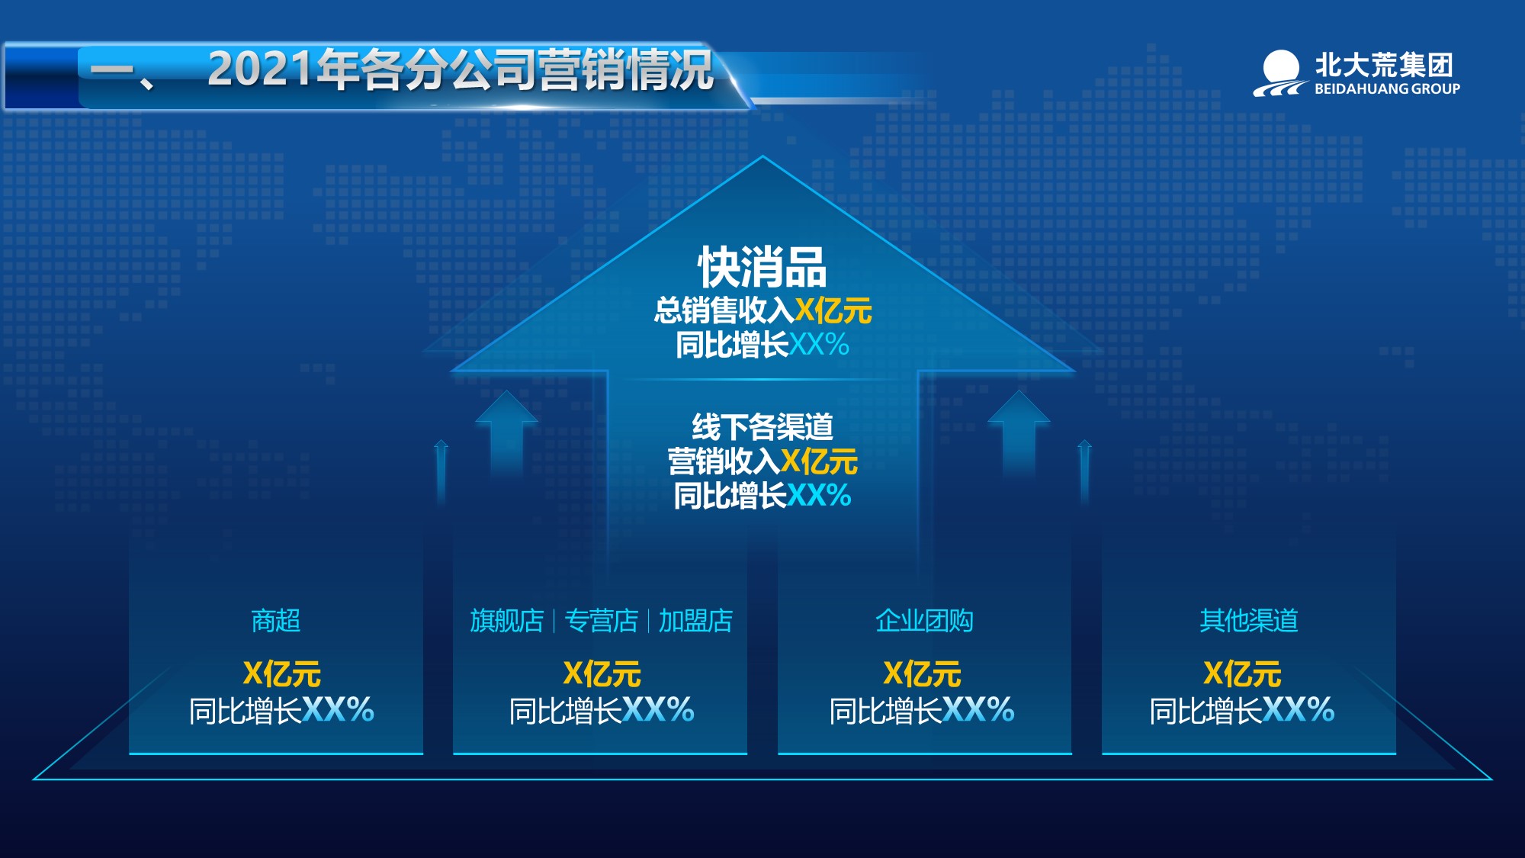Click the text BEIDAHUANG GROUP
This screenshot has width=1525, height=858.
coord(1387,88)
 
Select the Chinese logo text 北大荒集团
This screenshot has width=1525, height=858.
coord(1384,65)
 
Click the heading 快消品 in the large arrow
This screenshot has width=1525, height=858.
coord(762,267)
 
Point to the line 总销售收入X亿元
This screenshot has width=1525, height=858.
coord(762,310)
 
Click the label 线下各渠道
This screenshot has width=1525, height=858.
coord(762,426)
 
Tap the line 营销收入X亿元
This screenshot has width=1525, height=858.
coord(762,461)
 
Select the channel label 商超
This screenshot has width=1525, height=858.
coord(276,621)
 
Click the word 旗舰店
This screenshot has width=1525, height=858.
coord(506,621)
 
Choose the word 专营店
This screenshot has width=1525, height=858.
coord(601,621)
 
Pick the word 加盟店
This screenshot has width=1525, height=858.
coord(695,621)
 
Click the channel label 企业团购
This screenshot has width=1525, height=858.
coord(924,621)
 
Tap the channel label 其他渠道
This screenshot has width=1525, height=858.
coord(1249,621)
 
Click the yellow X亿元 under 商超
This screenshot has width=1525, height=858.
coord(281,674)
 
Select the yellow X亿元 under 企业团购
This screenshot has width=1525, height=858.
coord(922,674)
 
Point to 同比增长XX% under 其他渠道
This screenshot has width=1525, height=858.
coord(1242,710)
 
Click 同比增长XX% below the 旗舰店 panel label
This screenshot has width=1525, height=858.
coord(602,710)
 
